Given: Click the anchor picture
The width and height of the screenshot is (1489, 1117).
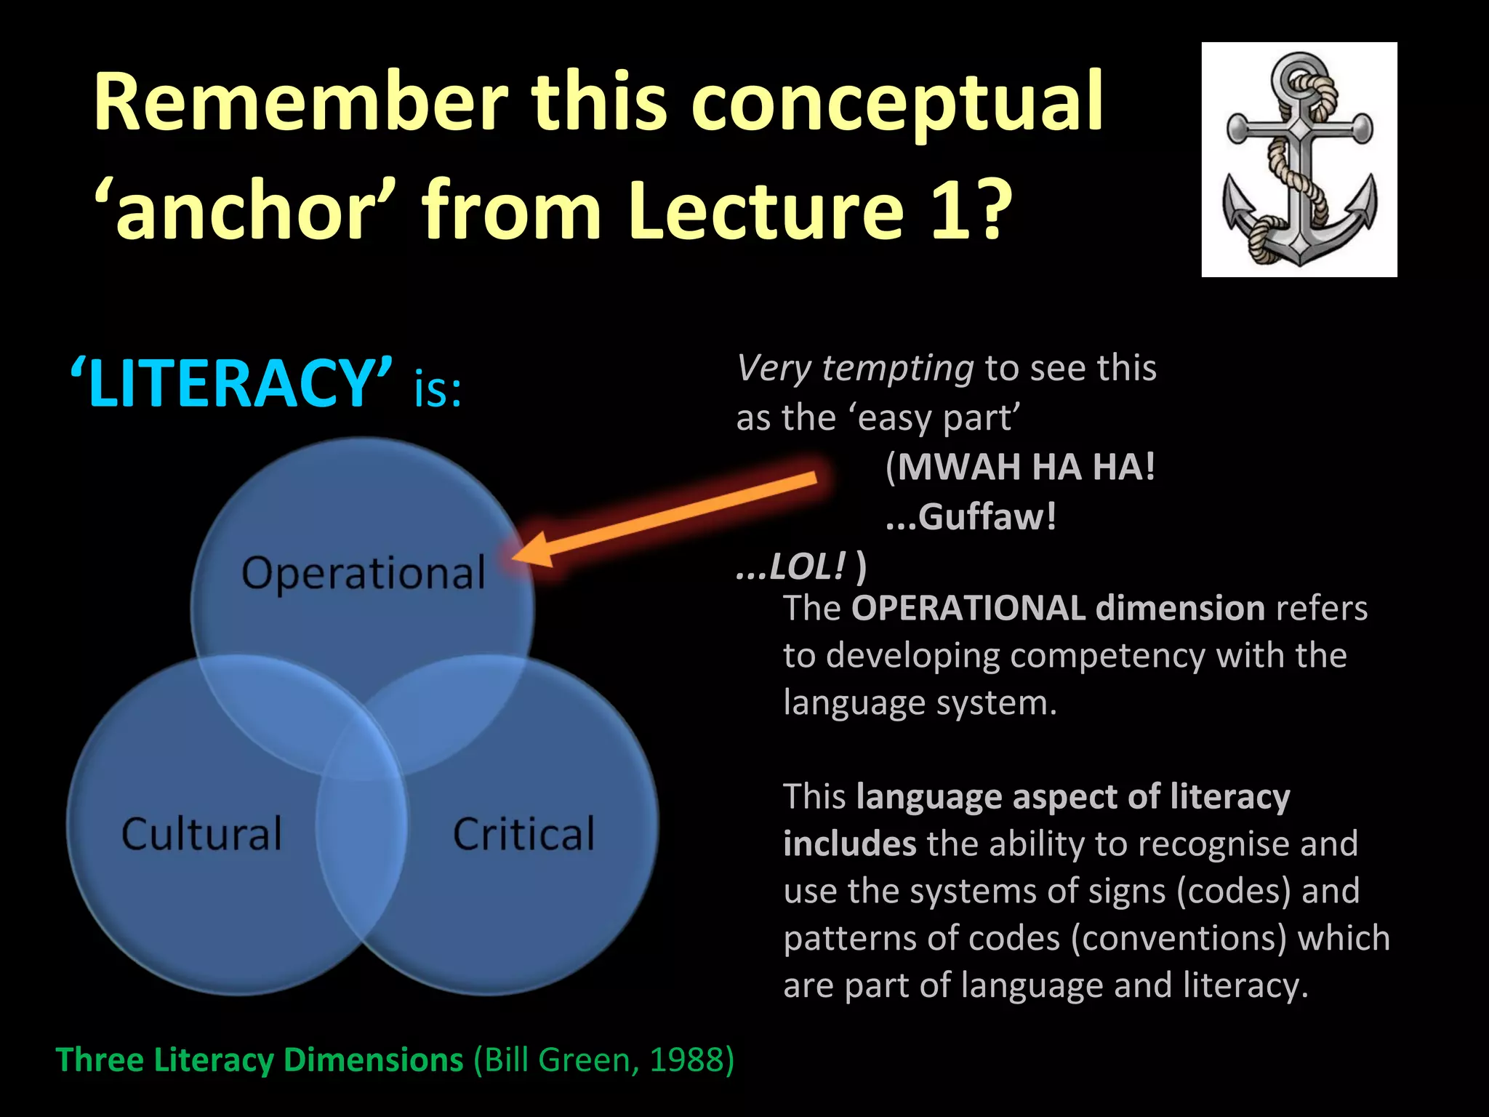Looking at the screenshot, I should pos(1299,159).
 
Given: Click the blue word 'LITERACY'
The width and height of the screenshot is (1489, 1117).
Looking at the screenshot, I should pos(231,383).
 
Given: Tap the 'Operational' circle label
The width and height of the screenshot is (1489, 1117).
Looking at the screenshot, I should pos(364,574).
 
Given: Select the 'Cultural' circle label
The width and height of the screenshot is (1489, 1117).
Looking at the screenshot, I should pos(201,834).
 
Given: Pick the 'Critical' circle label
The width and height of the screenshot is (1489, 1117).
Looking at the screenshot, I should pos(523,834).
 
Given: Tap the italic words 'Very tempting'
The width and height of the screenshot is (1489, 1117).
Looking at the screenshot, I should pos(855,368).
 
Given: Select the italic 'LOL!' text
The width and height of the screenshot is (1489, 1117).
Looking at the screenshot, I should pos(807,566).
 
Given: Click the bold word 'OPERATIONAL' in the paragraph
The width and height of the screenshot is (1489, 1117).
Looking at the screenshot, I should pos(968,608).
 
